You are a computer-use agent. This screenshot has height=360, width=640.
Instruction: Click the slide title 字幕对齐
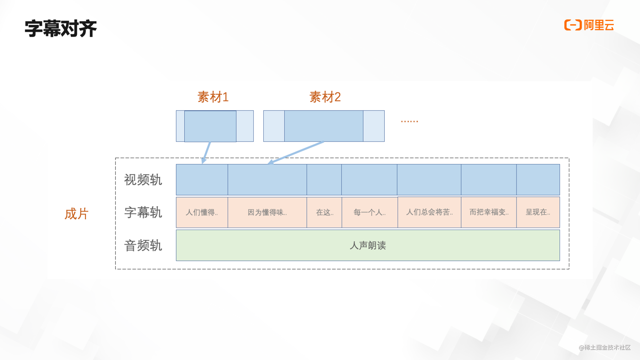60,28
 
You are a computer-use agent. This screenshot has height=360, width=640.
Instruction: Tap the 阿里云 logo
589,25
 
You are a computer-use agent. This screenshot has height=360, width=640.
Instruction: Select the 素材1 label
213,97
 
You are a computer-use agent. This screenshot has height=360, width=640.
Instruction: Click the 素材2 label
325,97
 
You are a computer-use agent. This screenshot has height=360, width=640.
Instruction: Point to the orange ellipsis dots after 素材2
409,121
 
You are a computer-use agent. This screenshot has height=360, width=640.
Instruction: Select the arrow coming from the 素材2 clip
296,153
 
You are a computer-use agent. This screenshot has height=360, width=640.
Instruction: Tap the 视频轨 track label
143,180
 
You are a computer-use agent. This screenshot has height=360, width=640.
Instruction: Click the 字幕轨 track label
143,212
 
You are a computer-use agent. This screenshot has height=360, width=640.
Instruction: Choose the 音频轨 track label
143,245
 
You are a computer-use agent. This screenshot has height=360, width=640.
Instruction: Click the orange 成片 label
76,214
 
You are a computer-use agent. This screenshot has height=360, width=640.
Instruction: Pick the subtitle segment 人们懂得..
202,212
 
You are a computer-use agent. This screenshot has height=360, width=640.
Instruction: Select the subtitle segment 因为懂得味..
267,212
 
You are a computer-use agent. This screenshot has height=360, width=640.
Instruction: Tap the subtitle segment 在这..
324,212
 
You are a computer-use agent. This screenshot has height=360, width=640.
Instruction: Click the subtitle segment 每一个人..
369,212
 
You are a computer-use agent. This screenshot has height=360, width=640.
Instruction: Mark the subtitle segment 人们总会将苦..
429,212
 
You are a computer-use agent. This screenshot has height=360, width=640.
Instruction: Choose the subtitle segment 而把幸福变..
489,212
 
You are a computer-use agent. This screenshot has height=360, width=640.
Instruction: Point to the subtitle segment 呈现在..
538,212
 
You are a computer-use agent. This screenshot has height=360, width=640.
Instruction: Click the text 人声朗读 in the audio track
368,245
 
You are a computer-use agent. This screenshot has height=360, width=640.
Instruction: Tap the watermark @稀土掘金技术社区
604,347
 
